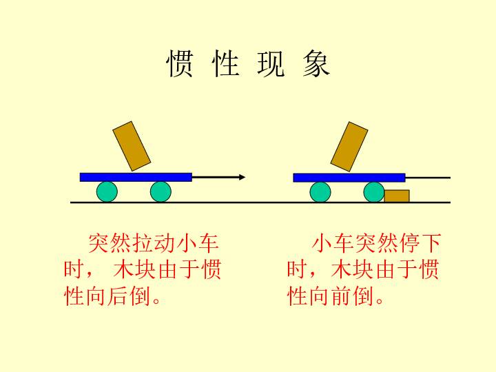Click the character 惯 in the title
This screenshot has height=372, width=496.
coord(180,63)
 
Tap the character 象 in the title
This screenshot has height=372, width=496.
coord(316,63)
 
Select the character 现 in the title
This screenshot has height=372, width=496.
coord(271,63)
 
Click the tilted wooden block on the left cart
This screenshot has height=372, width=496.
coord(132,146)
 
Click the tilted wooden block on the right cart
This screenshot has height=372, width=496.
coord(349,147)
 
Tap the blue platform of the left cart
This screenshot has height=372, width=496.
coord(136,177)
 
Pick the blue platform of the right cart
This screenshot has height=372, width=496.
coord(349,178)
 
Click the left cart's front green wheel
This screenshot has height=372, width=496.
coord(161,192)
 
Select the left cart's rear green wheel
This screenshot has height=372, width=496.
coord(107,192)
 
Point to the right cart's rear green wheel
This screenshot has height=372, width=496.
coord(320,192)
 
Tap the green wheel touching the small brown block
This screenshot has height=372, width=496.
coord(374,192)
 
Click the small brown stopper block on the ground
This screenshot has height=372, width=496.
coord(397,196)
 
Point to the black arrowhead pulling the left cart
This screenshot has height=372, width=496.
coord(242,177)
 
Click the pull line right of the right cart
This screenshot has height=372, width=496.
coord(428,178)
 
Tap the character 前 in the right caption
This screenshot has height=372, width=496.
coord(341,296)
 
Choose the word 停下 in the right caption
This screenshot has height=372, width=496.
coord(420,244)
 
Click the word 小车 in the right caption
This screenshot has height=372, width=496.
coord(333,244)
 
